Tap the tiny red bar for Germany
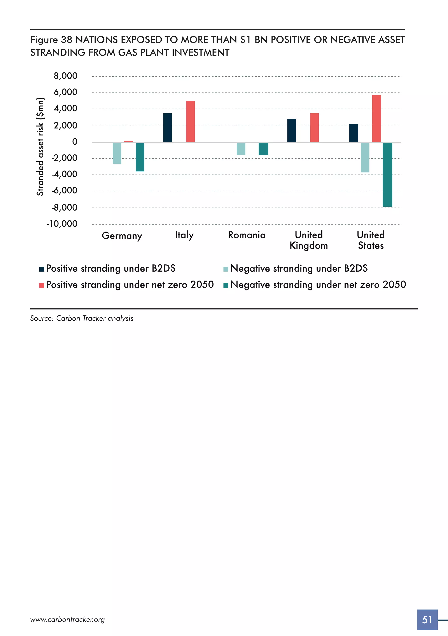pyautogui.click(x=128, y=141)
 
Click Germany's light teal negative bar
pyautogui.click(x=117, y=153)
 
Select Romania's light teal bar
pyautogui.click(x=241, y=149)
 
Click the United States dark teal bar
pyautogui.click(x=387, y=174)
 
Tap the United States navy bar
pyautogui.click(x=353, y=133)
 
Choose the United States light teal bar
pyautogui.click(x=365, y=157)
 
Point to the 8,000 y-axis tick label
pyautogui.click(x=66, y=76)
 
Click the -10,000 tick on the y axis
pyautogui.click(x=62, y=224)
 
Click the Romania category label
pyautogui.click(x=247, y=235)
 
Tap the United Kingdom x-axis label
pyautogui.click(x=309, y=240)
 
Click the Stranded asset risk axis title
pyautogui.click(x=40, y=147)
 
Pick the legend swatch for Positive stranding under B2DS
pyautogui.click(x=42, y=269)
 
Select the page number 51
pyautogui.click(x=427, y=620)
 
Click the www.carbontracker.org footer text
pyautogui.click(x=67, y=620)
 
